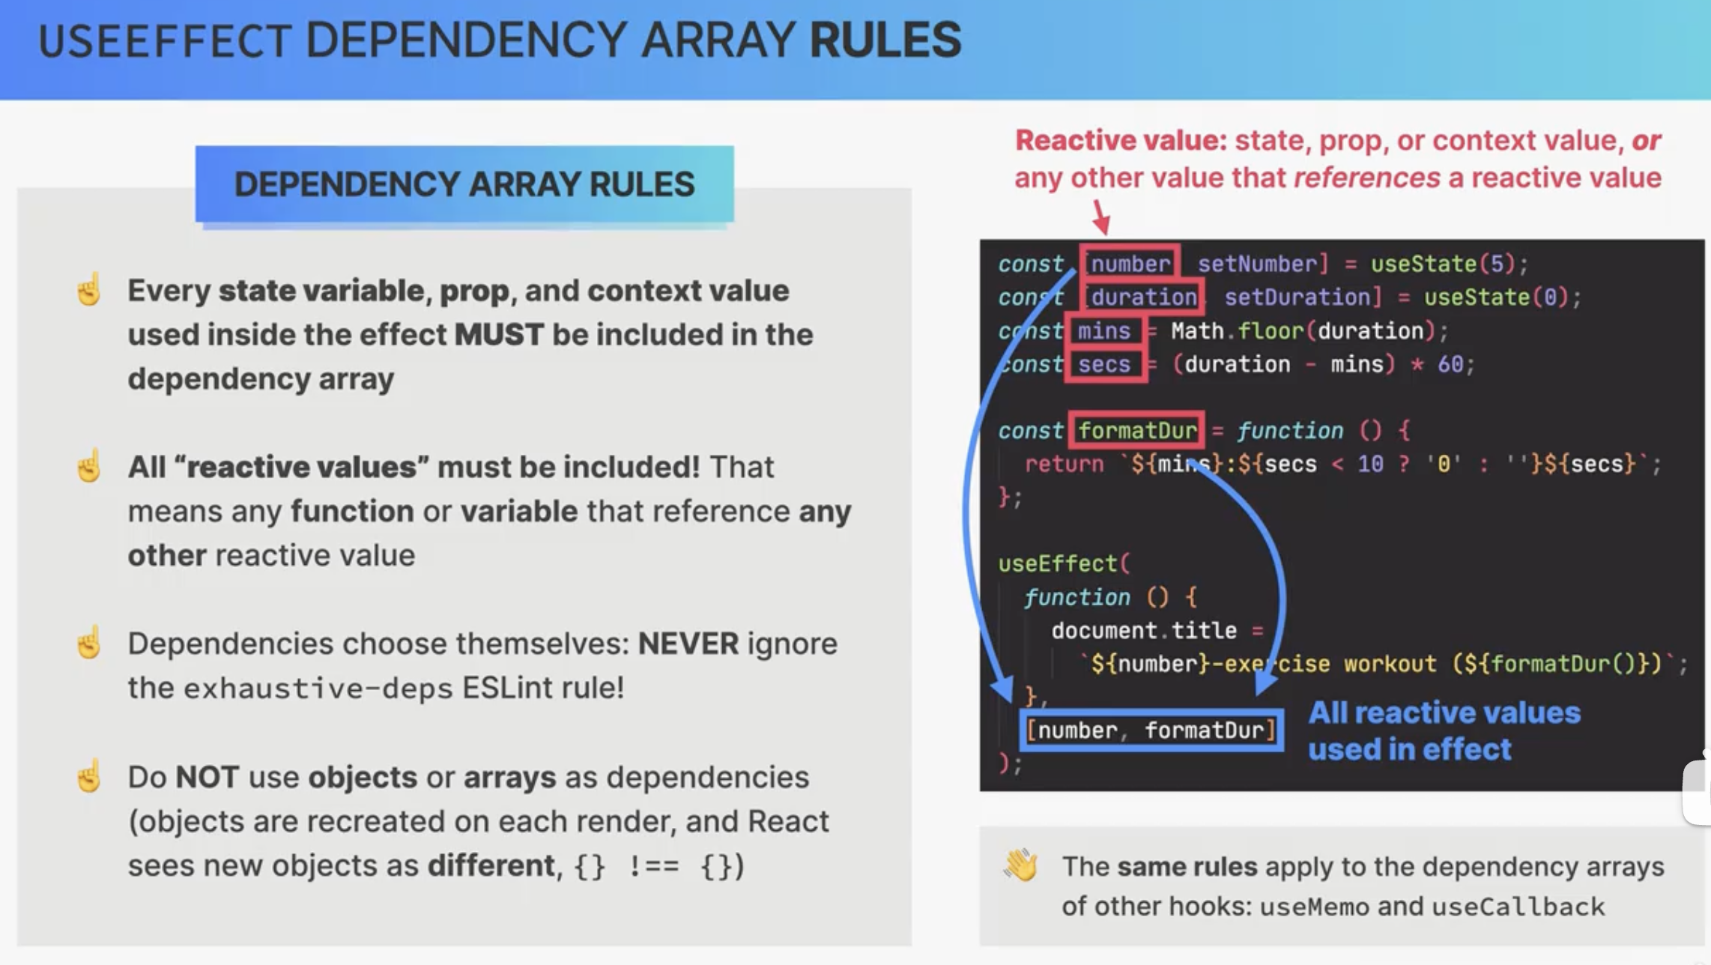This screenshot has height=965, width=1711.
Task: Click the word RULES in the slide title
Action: click(885, 40)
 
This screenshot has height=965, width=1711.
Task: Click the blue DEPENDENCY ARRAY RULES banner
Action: click(464, 184)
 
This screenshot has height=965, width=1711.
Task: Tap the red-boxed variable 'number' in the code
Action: click(1130, 264)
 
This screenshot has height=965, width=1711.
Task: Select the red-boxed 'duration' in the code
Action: click(1143, 297)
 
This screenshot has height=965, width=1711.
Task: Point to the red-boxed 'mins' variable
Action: click(1105, 330)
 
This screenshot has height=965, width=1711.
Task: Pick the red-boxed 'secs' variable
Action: click(1105, 364)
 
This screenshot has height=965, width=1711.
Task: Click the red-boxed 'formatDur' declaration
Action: click(1136, 430)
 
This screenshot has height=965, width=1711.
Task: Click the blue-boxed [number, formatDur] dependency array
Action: click(1151, 730)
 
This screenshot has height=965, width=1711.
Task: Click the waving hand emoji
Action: click(1021, 865)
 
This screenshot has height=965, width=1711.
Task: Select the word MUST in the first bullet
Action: click(499, 334)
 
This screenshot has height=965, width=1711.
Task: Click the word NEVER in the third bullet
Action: click(688, 644)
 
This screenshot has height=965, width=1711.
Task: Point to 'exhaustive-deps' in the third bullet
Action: click(318, 688)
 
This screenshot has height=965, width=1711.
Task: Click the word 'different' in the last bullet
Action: click(491, 865)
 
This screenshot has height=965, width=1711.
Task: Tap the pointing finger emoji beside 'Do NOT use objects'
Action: click(89, 775)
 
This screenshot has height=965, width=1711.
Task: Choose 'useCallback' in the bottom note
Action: click(1518, 907)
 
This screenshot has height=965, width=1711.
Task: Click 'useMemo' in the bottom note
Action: click(1315, 907)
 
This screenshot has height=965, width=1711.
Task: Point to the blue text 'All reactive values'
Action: click(1444, 713)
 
